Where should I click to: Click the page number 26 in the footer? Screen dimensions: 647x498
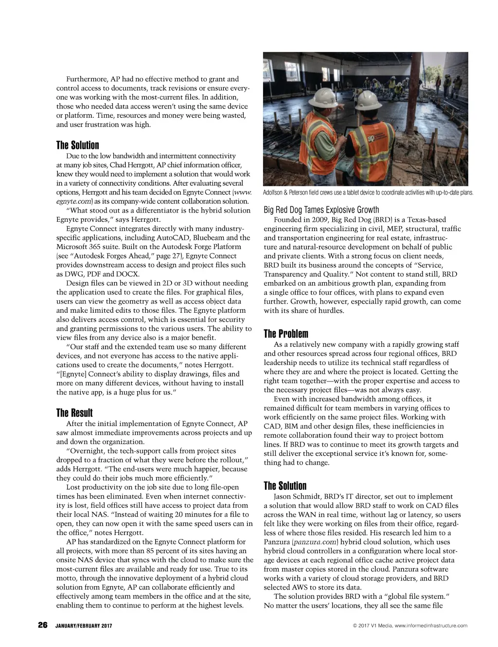point(42,625)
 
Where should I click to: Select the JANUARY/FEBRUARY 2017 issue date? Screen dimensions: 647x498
point(83,626)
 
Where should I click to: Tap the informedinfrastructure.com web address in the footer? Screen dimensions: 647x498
point(431,626)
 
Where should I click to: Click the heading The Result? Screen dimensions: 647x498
point(74,413)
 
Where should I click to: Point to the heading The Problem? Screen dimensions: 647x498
point(286,333)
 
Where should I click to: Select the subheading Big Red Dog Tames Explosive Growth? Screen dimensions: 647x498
point(321,210)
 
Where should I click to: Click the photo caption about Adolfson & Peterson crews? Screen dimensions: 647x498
point(368,193)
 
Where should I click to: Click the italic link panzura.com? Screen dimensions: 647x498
point(315,541)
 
